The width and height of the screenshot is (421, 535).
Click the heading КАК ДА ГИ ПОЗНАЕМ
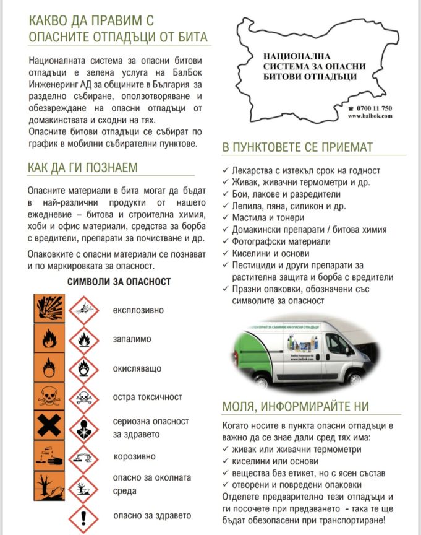[83, 168]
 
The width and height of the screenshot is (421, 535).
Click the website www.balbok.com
[370, 116]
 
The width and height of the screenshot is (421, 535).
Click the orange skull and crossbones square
[48, 397]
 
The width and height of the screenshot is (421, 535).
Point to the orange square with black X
[48, 427]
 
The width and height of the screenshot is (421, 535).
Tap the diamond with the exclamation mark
[83, 516]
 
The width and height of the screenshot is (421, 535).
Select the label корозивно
[134, 457]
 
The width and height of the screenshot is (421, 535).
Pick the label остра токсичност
[148, 397]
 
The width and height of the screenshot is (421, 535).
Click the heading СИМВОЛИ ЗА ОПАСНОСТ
[119, 282]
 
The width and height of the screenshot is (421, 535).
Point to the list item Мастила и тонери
[268, 218]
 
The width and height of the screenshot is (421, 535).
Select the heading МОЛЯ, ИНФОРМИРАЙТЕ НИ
[295, 407]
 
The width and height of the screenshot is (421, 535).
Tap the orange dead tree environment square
[48, 485]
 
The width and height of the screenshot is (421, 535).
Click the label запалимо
[132, 339]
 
